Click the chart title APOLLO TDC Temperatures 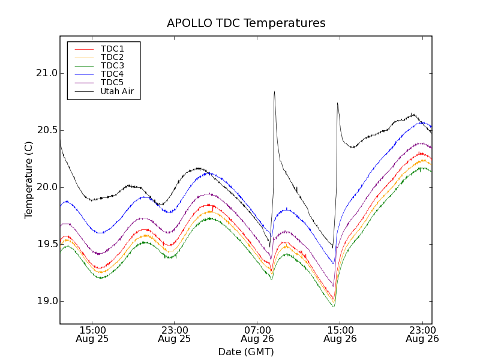(246, 23)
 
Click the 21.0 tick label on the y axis (46, 73)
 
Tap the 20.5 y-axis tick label (46, 130)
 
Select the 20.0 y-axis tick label (46, 187)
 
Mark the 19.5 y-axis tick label (46, 244)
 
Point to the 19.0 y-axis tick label (46, 301)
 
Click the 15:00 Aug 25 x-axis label (92, 334)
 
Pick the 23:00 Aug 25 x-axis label (175, 334)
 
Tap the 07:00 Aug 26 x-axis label (257, 334)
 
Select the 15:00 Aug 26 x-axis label (340, 334)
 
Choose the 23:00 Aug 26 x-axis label (422, 334)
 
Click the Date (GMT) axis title (246, 352)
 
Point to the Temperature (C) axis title (28, 180)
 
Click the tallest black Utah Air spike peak (274, 92)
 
